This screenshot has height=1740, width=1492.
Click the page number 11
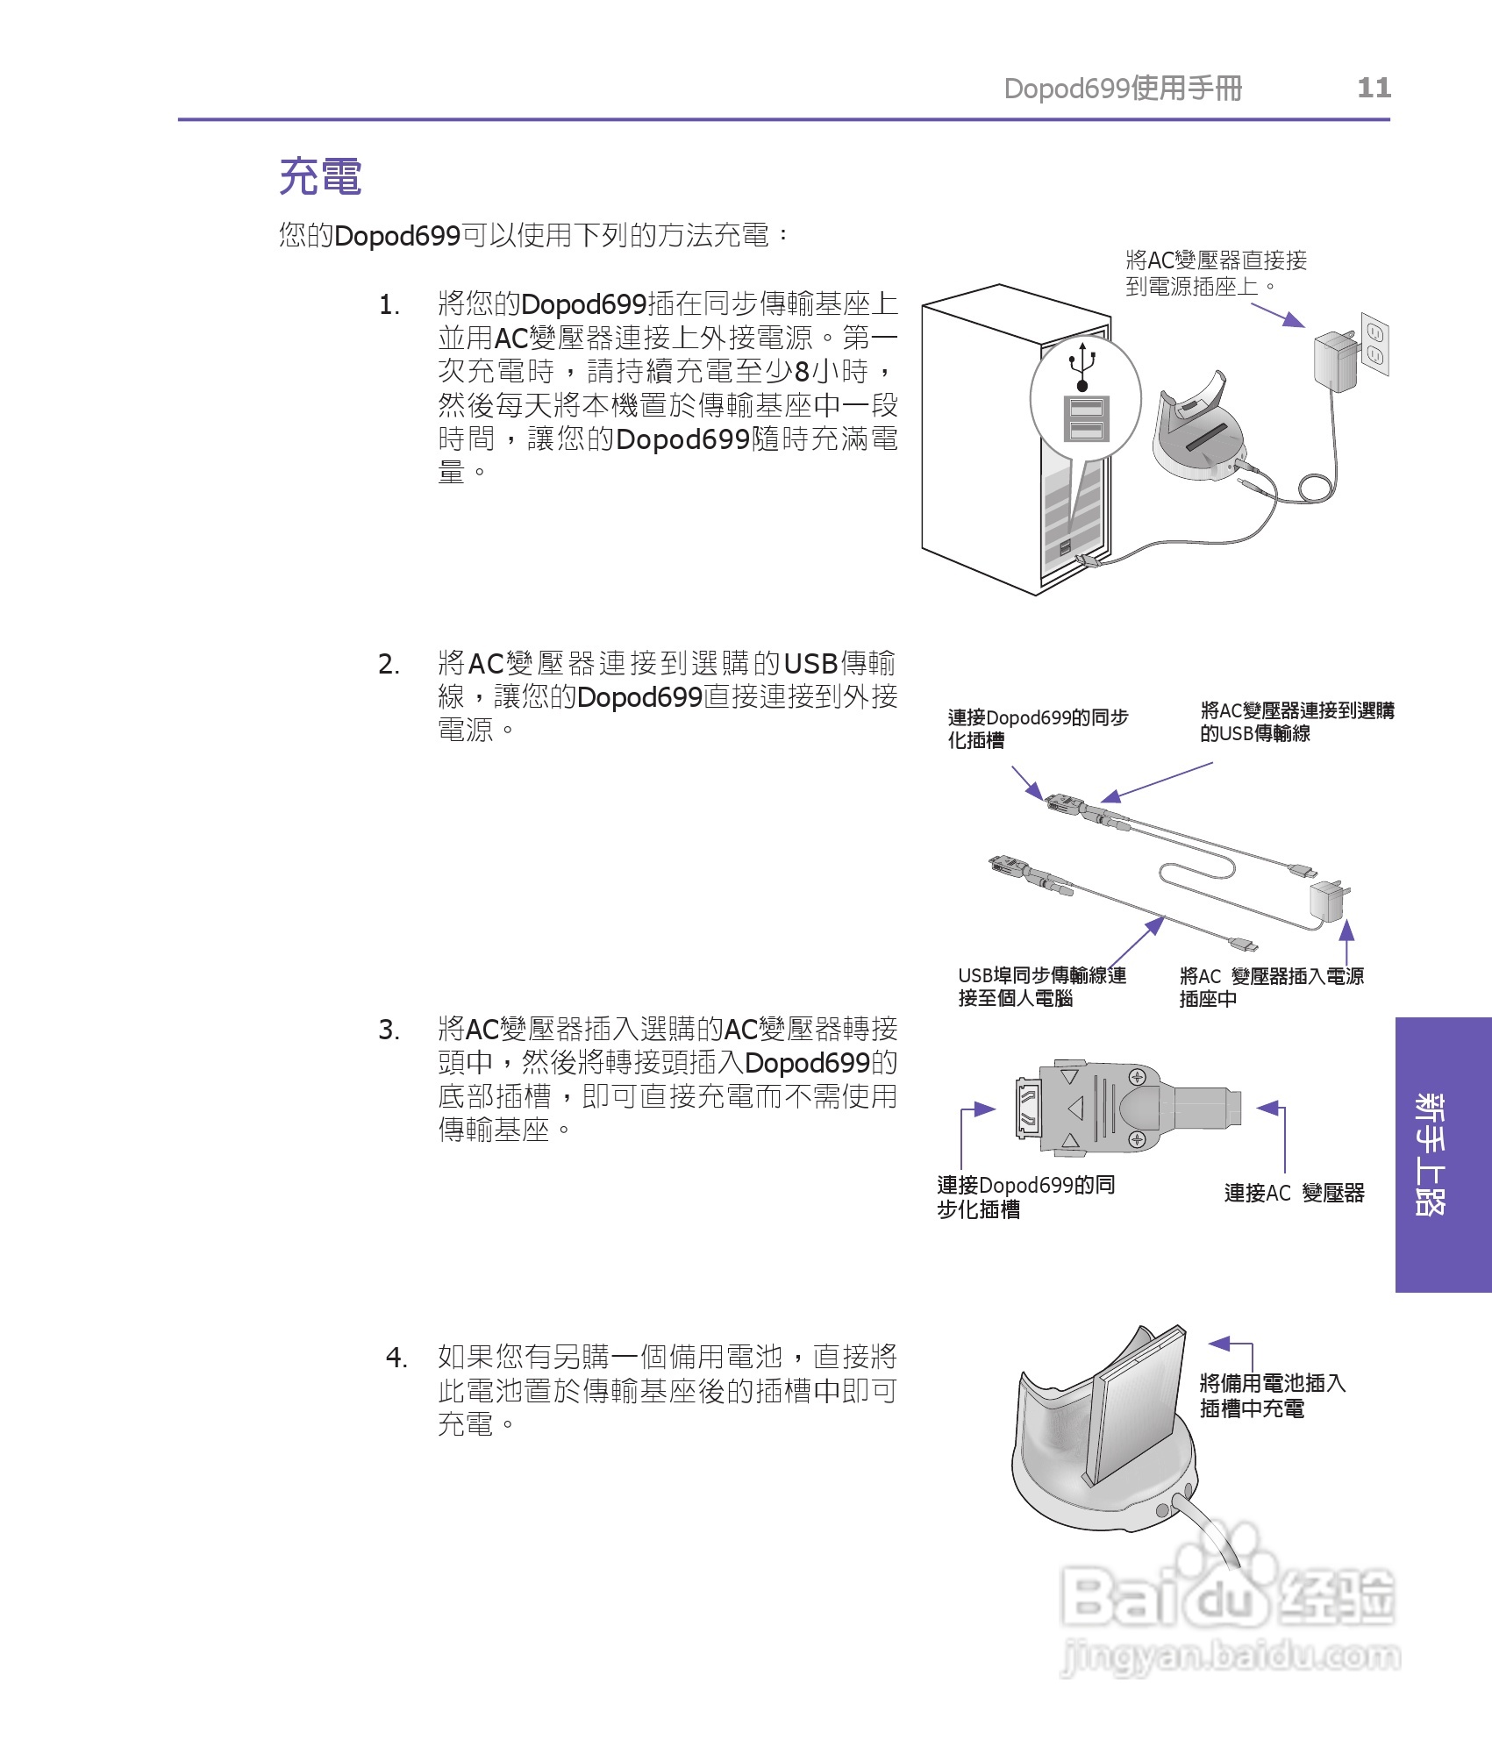[x=1374, y=88]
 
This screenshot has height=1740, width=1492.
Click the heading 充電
[x=320, y=176]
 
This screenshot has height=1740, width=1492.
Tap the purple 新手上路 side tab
[x=1442, y=1154]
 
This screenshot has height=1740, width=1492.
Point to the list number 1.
[x=389, y=305]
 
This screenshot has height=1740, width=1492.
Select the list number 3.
[x=389, y=1030]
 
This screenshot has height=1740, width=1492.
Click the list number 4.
[x=396, y=1358]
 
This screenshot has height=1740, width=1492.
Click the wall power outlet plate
[x=1374, y=344]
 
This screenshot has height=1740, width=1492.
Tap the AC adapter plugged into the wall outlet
[x=1335, y=360]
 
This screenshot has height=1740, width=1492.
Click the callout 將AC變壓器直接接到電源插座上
[x=1216, y=273]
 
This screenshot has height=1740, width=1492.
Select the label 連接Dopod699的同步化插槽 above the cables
[x=1037, y=729]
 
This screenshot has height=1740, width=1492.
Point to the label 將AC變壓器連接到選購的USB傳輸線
[x=1296, y=722]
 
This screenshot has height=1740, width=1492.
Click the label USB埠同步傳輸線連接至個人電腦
[x=1041, y=987]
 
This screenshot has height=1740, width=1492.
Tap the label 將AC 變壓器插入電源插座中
[x=1271, y=987]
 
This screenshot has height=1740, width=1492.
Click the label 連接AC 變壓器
[x=1294, y=1193]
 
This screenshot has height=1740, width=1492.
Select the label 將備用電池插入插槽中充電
[x=1271, y=1395]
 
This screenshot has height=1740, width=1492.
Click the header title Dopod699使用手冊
[x=1123, y=88]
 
